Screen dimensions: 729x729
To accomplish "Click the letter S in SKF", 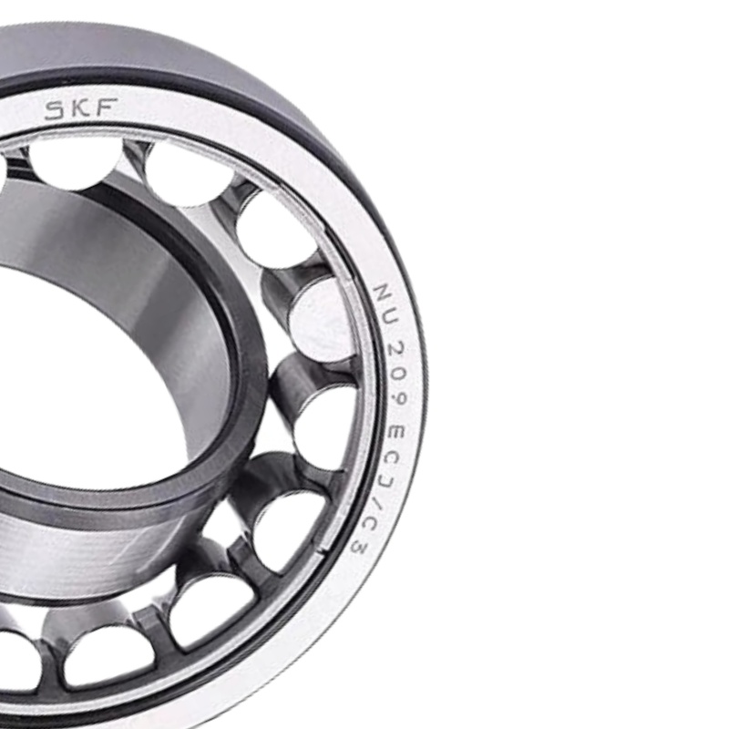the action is (x=55, y=110).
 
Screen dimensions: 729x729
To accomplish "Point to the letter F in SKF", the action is (x=105, y=108).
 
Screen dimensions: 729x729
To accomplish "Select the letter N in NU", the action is (x=382, y=292).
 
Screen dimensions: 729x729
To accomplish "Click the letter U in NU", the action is (x=390, y=321).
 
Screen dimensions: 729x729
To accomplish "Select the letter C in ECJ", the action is (x=394, y=460).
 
